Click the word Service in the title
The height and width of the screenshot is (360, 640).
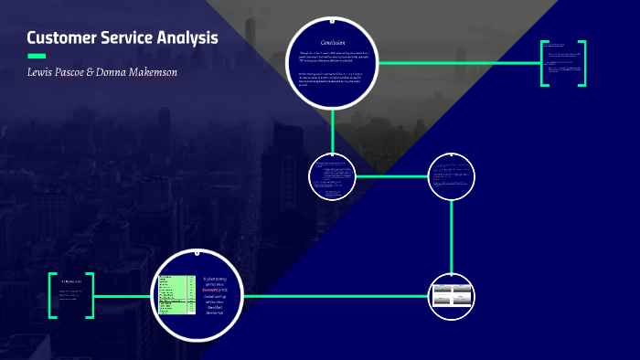click(128, 38)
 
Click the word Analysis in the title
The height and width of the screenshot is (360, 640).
click(189, 38)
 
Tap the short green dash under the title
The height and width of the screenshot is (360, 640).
click(37, 56)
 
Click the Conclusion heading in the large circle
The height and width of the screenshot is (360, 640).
click(332, 44)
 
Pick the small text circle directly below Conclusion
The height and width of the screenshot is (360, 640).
click(332, 176)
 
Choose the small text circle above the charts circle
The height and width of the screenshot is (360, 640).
click(453, 175)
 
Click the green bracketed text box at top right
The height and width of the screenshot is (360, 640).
click(563, 63)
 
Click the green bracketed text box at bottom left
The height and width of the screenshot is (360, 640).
click(71, 295)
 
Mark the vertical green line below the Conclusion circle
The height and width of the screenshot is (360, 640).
click(333, 130)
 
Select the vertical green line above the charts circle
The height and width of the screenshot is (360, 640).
click(453, 235)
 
